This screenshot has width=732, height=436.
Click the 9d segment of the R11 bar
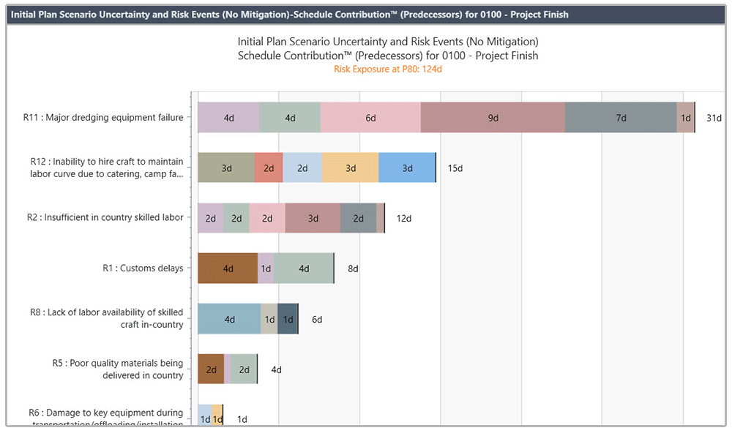[x=493, y=118]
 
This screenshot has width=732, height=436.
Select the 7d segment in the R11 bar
[x=621, y=118]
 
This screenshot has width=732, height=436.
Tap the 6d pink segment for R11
[x=370, y=118]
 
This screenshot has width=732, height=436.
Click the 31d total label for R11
[x=714, y=118]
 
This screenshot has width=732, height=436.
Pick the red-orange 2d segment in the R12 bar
[x=269, y=168]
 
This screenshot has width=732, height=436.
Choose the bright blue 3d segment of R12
[x=407, y=168]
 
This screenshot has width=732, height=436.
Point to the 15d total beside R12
[x=455, y=168]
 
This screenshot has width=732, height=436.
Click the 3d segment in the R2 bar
[x=313, y=218]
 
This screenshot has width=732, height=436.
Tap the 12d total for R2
[x=404, y=218]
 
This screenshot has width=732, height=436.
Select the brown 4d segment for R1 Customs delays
[x=228, y=268]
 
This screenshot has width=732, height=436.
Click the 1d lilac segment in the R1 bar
[x=266, y=268]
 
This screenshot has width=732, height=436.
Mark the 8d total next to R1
[x=353, y=268]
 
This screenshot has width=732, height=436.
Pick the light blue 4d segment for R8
[x=229, y=319]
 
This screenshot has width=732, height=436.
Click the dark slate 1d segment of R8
[x=288, y=319]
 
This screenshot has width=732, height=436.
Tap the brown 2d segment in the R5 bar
[x=211, y=369]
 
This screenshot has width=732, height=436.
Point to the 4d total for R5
[x=276, y=369]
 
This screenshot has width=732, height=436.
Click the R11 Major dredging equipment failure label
[x=103, y=117]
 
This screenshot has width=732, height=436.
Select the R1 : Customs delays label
[x=143, y=268]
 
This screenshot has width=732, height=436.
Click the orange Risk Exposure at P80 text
[x=388, y=69]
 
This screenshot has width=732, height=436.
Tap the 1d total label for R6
[x=242, y=419]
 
